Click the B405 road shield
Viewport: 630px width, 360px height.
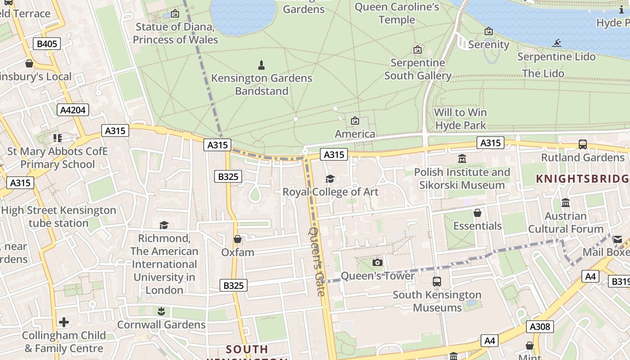click(47, 44)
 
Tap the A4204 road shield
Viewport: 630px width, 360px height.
click(73, 110)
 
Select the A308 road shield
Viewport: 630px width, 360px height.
click(540, 326)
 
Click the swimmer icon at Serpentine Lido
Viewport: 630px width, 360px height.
click(557, 43)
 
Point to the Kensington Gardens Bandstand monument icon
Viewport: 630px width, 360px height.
click(261, 65)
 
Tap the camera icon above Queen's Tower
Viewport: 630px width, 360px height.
click(378, 262)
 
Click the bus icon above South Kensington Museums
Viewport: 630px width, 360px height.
click(436, 282)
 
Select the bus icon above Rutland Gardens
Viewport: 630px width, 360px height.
click(583, 144)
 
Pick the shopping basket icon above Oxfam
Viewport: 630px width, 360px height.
click(238, 239)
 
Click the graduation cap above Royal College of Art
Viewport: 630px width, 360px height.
click(330, 179)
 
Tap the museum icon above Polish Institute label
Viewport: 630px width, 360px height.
click(462, 159)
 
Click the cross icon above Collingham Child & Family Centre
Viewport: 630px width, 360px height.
click(64, 322)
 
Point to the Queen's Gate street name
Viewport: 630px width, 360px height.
click(317, 261)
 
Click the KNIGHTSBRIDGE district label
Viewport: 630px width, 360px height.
click(582, 179)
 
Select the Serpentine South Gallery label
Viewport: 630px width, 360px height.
click(418, 69)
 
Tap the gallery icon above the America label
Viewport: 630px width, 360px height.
click(355, 121)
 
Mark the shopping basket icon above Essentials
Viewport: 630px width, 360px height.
click(477, 213)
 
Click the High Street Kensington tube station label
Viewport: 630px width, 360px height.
click(58, 216)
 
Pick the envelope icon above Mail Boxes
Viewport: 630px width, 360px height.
click(617, 239)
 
